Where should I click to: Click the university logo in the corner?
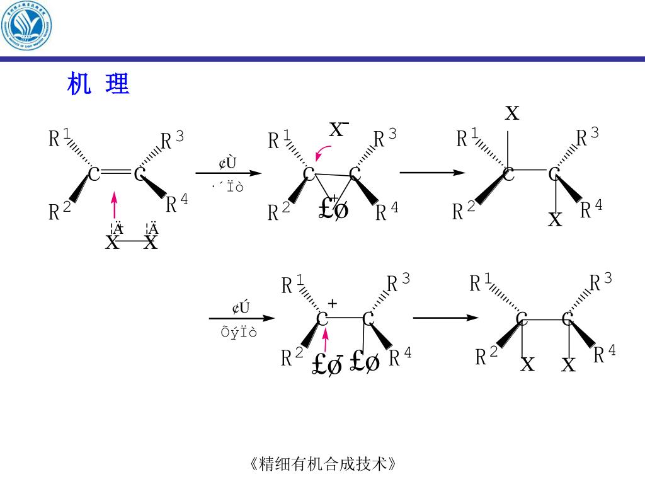coord(26,26)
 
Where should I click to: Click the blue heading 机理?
coord(98,84)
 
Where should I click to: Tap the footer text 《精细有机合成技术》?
coord(322,464)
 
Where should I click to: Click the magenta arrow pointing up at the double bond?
coord(114,205)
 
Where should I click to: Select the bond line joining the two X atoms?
coord(132,241)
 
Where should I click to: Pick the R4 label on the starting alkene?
coord(176,203)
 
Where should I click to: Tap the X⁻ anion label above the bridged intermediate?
coord(339,129)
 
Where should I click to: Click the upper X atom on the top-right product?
coord(512,113)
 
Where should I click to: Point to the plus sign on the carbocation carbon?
coord(333,304)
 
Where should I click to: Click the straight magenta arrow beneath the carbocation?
coord(325,340)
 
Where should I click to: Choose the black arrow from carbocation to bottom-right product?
coord(445,318)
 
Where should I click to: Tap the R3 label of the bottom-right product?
coord(600,282)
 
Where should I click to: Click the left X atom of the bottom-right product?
coord(527,364)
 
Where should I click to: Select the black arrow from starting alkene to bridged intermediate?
coord(227,173)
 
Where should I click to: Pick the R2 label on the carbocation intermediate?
coord(292,357)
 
